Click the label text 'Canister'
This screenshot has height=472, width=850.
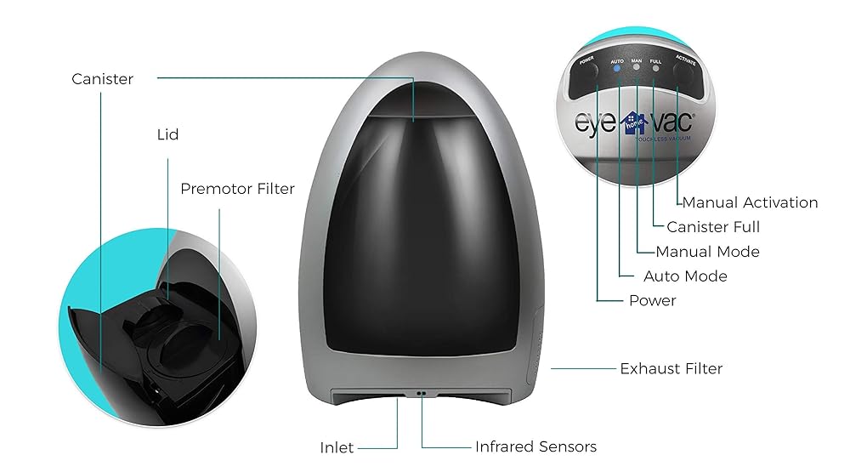103,79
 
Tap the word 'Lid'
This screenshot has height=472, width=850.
167,134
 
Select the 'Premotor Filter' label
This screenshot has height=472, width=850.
237,189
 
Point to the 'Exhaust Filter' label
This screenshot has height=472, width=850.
671,368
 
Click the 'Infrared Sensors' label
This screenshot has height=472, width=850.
535,446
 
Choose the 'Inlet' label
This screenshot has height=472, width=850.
337,447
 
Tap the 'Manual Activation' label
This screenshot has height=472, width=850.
750,202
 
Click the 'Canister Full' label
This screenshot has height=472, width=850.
713,227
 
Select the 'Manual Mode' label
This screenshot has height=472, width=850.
707,252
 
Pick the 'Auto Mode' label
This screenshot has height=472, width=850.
685,276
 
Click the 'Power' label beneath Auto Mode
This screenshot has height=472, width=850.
652,300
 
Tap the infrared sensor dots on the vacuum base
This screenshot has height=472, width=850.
420,394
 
